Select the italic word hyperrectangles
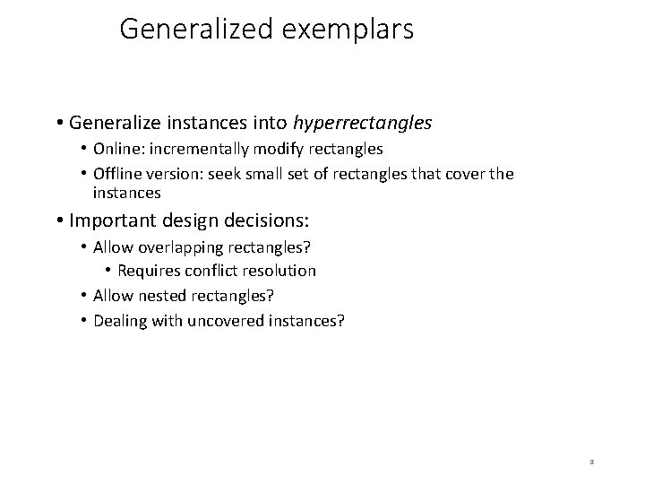(363, 121)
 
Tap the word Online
(117, 149)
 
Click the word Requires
(146, 271)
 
